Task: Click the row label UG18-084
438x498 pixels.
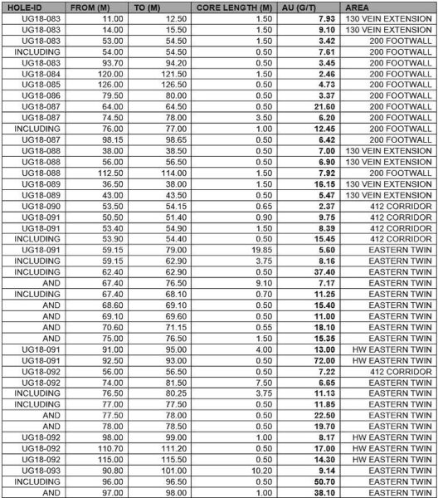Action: (x=33, y=73)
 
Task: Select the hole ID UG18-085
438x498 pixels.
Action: (x=33, y=83)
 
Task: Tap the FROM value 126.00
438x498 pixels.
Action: (x=111, y=83)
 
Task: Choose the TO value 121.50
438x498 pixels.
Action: (x=176, y=73)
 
